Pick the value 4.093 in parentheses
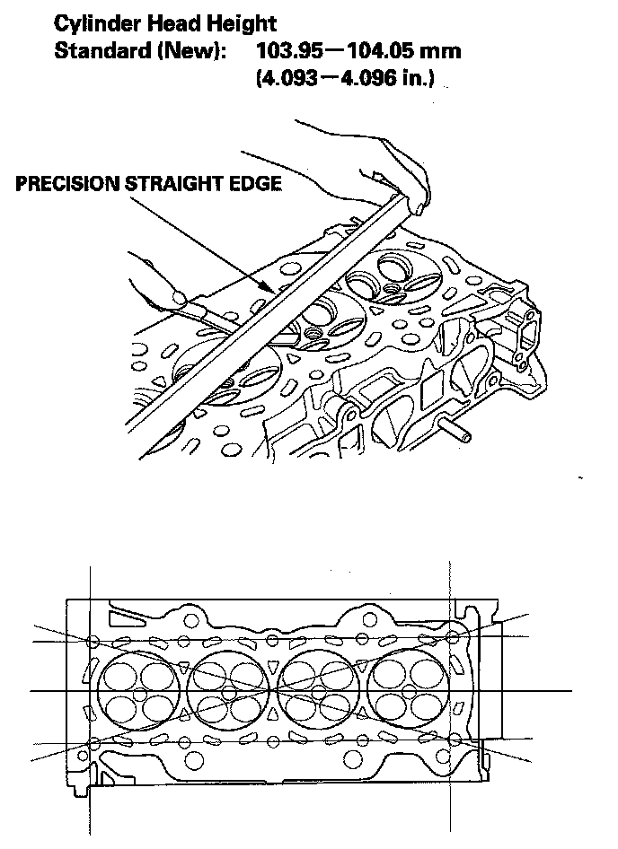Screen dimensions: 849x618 click(287, 79)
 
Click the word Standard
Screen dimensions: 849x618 click(97, 50)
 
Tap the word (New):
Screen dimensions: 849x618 click(190, 50)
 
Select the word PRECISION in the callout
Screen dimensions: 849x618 click(68, 184)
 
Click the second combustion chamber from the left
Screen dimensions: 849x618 click(225, 692)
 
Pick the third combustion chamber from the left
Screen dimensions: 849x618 click(316, 692)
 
